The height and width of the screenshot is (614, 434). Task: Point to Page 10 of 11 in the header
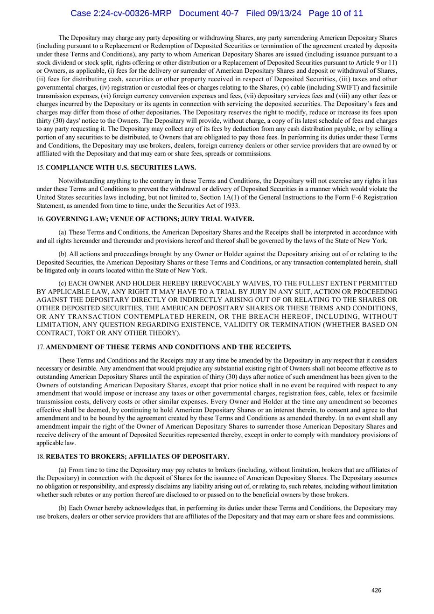point(336,14)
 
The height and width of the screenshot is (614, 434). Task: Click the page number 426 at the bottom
point(376,590)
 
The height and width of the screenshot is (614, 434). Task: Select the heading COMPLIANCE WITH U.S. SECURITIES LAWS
point(121,167)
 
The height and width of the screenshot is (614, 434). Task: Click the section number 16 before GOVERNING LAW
point(40,219)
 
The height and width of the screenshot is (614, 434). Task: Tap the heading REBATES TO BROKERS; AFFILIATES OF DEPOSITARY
point(137,456)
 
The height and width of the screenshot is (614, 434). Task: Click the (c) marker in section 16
point(63,283)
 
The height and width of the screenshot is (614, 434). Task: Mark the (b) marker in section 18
point(63,508)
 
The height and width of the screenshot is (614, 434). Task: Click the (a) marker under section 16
point(63,232)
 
